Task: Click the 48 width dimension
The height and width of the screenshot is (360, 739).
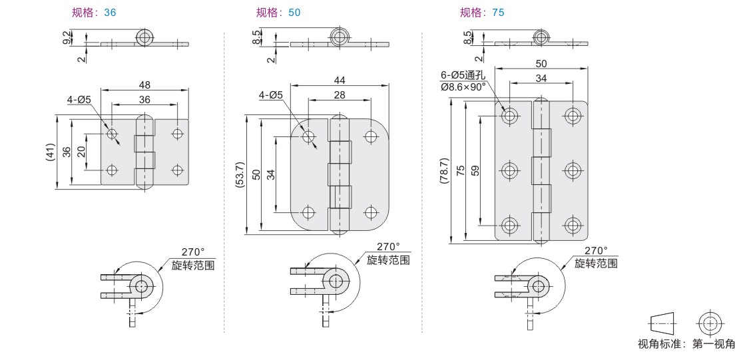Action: click(x=144, y=85)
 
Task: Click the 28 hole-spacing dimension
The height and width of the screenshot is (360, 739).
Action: click(x=340, y=95)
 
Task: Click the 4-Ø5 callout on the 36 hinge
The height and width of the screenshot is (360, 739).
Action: click(x=79, y=100)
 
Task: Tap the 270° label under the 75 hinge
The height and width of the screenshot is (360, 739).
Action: click(x=596, y=251)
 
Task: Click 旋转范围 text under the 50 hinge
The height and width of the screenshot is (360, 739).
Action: click(x=389, y=260)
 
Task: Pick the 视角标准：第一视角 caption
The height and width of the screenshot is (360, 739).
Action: click(x=686, y=343)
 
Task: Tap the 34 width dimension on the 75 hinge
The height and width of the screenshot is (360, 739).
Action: click(x=541, y=79)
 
